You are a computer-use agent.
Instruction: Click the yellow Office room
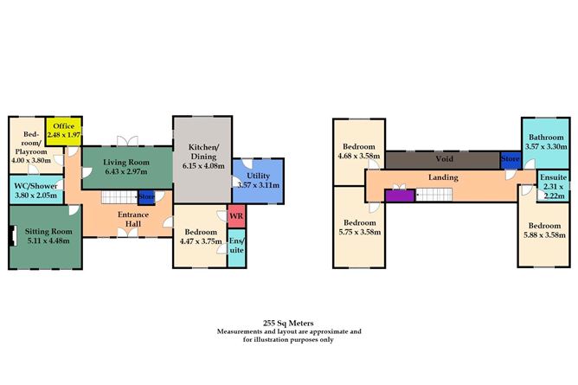(63, 131)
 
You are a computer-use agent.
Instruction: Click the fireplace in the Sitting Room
(12, 235)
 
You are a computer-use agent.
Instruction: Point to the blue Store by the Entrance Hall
(146, 197)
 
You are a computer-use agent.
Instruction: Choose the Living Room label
(126, 162)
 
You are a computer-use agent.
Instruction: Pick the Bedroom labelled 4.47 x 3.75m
(198, 237)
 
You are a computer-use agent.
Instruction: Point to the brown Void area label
(443, 159)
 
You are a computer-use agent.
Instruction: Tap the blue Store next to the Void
(510, 159)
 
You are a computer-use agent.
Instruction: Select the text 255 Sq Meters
(289, 322)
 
